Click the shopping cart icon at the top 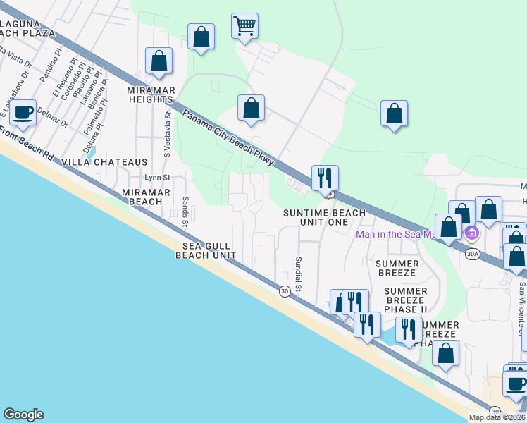tap(244, 27)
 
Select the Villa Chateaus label tap(104, 162)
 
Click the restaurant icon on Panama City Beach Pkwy tap(325, 178)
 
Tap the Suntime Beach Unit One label tap(324, 217)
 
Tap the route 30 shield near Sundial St tap(284, 291)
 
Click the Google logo tap(23, 415)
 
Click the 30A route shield tap(473, 254)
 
